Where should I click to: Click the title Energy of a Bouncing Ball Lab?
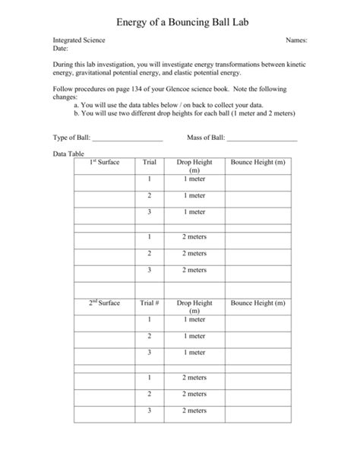[x=180, y=13]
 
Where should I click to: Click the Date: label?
[x=61, y=48]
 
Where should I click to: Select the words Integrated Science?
[x=79, y=40]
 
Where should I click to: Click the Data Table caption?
[x=68, y=154]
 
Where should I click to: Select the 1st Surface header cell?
[x=105, y=163]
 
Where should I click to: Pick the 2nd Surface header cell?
[x=105, y=303]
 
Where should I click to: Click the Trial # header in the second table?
[x=150, y=303]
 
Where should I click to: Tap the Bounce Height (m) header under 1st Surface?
[x=258, y=163]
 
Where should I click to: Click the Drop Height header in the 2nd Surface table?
[x=194, y=306]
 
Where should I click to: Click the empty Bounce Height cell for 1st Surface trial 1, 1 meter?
[x=258, y=179]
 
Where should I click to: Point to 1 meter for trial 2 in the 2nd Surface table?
[x=194, y=336]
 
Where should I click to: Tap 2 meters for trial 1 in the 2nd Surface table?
[x=194, y=378]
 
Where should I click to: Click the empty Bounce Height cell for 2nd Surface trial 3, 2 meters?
[x=258, y=411]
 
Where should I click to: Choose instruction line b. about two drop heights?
[x=185, y=113]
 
